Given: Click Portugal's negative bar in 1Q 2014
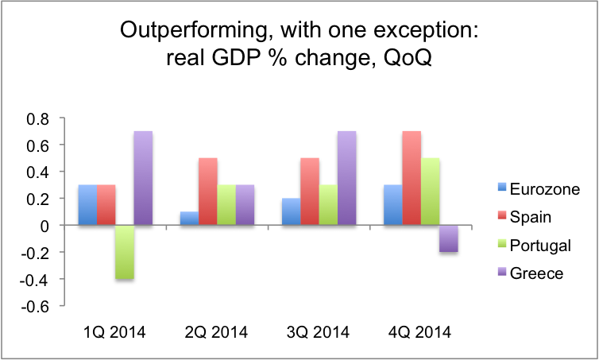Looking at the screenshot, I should [123, 252].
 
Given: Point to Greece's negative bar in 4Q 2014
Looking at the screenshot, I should [449, 238].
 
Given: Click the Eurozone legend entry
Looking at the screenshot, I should [532, 188].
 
